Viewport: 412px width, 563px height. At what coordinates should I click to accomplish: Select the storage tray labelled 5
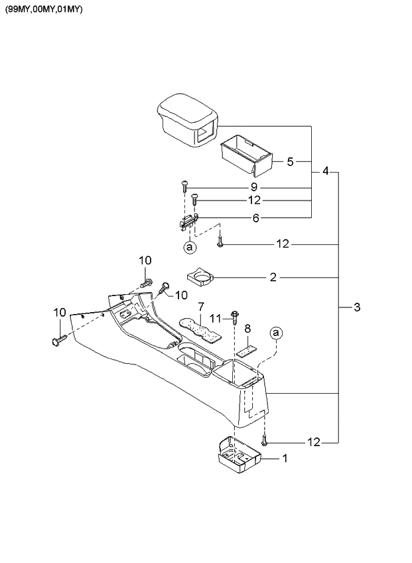246,152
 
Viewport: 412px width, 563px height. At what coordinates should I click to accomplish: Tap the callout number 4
325,171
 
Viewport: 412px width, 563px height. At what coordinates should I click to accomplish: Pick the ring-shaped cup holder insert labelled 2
200,276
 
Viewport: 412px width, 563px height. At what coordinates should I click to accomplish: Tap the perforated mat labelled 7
199,327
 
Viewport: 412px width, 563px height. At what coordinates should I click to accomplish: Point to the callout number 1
285,458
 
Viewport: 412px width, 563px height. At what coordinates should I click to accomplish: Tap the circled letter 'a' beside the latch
190,247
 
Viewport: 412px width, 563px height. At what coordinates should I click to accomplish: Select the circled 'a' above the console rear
276,333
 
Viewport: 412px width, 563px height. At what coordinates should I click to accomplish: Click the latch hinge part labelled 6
188,222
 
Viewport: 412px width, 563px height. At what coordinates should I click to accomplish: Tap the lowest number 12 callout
313,442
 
